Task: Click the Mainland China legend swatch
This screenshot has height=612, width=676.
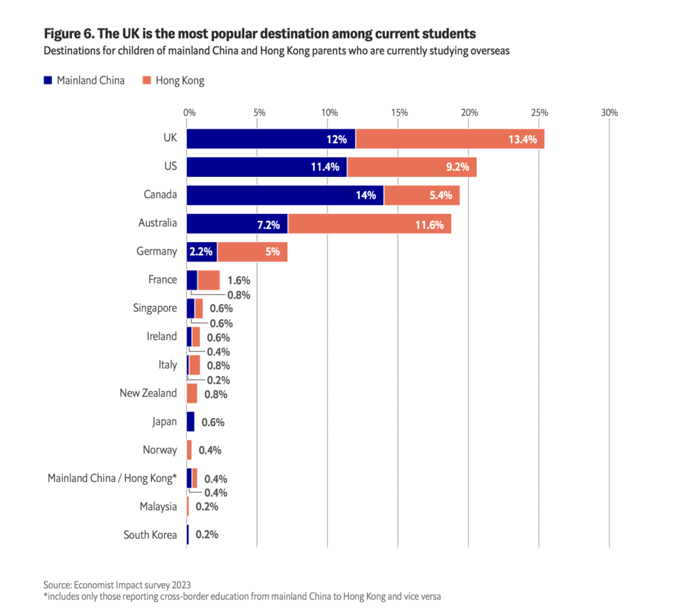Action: pos(48,80)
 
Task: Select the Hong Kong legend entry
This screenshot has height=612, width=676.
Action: pos(180,80)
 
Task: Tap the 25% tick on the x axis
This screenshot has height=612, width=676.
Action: pos(539,113)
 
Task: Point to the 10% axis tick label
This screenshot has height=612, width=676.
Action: pos(329,113)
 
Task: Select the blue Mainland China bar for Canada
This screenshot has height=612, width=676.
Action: pos(285,195)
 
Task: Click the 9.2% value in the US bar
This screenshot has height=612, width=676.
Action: pos(457,168)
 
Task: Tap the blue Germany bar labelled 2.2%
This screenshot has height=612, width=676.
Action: pos(202,252)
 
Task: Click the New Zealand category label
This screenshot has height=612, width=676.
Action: pos(148,393)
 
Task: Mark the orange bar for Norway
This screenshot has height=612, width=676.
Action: pos(189,450)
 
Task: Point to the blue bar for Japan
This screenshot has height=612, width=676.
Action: pos(191,421)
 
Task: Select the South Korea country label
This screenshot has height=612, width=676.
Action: pos(151,535)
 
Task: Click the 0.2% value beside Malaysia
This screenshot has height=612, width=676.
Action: pos(207,506)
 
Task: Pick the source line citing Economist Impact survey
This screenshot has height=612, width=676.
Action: pos(116,584)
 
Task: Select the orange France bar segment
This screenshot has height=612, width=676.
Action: pos(209,280)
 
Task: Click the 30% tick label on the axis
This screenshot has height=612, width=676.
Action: pos(609,113)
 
